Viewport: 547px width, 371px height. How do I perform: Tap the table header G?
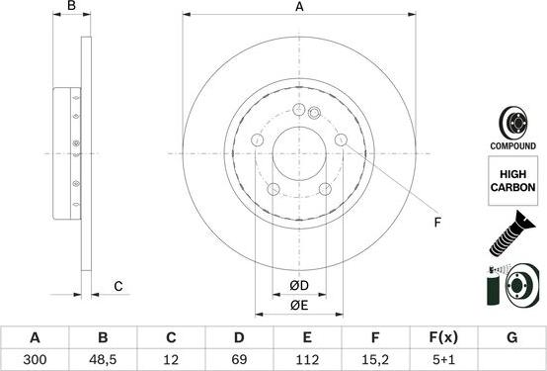point(511,337)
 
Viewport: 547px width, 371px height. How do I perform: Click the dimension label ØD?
point(299,287)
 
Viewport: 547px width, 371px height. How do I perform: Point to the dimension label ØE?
point(299,306)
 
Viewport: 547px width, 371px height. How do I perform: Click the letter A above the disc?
point(299,8)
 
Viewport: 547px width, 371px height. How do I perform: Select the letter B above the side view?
point(71,8)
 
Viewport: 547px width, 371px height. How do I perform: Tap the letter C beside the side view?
point(117,287)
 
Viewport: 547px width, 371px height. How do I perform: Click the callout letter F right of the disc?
point(436,223)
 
